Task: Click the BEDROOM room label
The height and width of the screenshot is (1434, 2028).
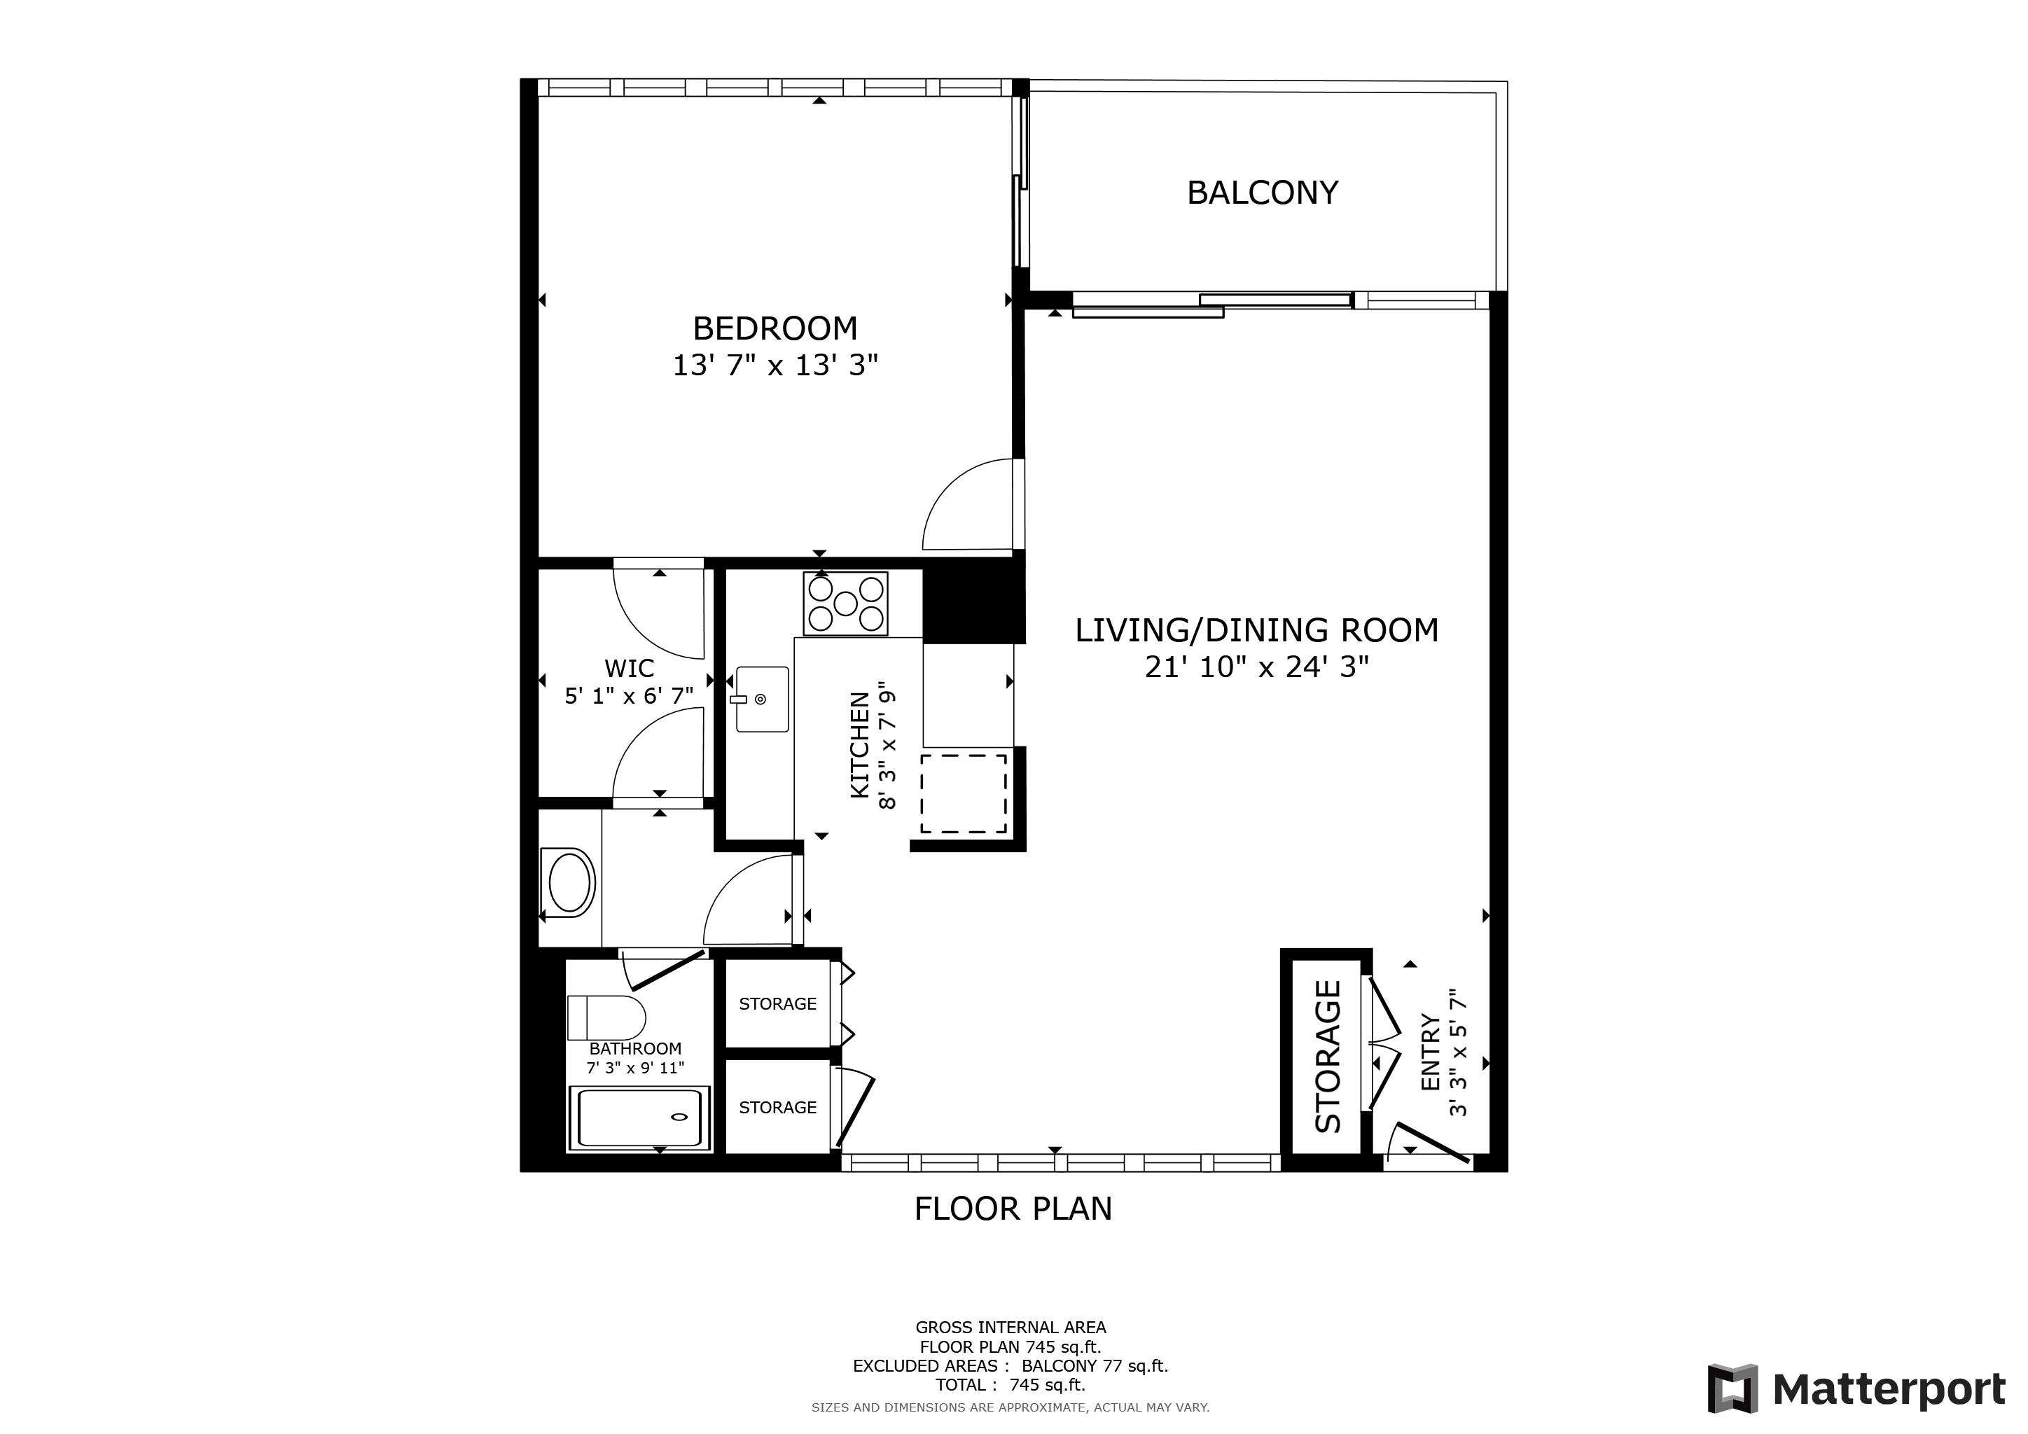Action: coord(775,328)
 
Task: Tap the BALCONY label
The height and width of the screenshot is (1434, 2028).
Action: coord(1262,193)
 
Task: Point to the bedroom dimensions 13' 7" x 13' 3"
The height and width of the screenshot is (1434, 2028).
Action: coord(775,365)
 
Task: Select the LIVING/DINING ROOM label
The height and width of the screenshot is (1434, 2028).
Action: coord(1256,630)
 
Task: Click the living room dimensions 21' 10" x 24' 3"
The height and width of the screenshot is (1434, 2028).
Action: coord(1256,667)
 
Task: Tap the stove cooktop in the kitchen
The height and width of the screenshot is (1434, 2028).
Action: coord(845,604)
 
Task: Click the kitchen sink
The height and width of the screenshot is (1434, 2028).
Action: coord(761,699)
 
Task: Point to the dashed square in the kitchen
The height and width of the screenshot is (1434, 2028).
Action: coord(964,793)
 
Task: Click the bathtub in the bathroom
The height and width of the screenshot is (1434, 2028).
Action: coord(639,1118)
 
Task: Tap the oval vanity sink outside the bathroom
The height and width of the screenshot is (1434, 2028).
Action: coord(570,882)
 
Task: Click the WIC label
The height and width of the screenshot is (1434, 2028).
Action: coord(629,669)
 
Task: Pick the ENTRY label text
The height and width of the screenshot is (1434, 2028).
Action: coord(1430,1052)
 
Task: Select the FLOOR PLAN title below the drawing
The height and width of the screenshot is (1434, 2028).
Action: coord(1013,1209)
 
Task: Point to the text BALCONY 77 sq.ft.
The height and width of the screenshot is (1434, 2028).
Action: coord(1095,1366)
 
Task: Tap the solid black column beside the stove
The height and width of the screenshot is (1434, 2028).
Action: coord(973,606)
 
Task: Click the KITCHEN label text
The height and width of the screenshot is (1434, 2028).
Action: coord(859,745)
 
